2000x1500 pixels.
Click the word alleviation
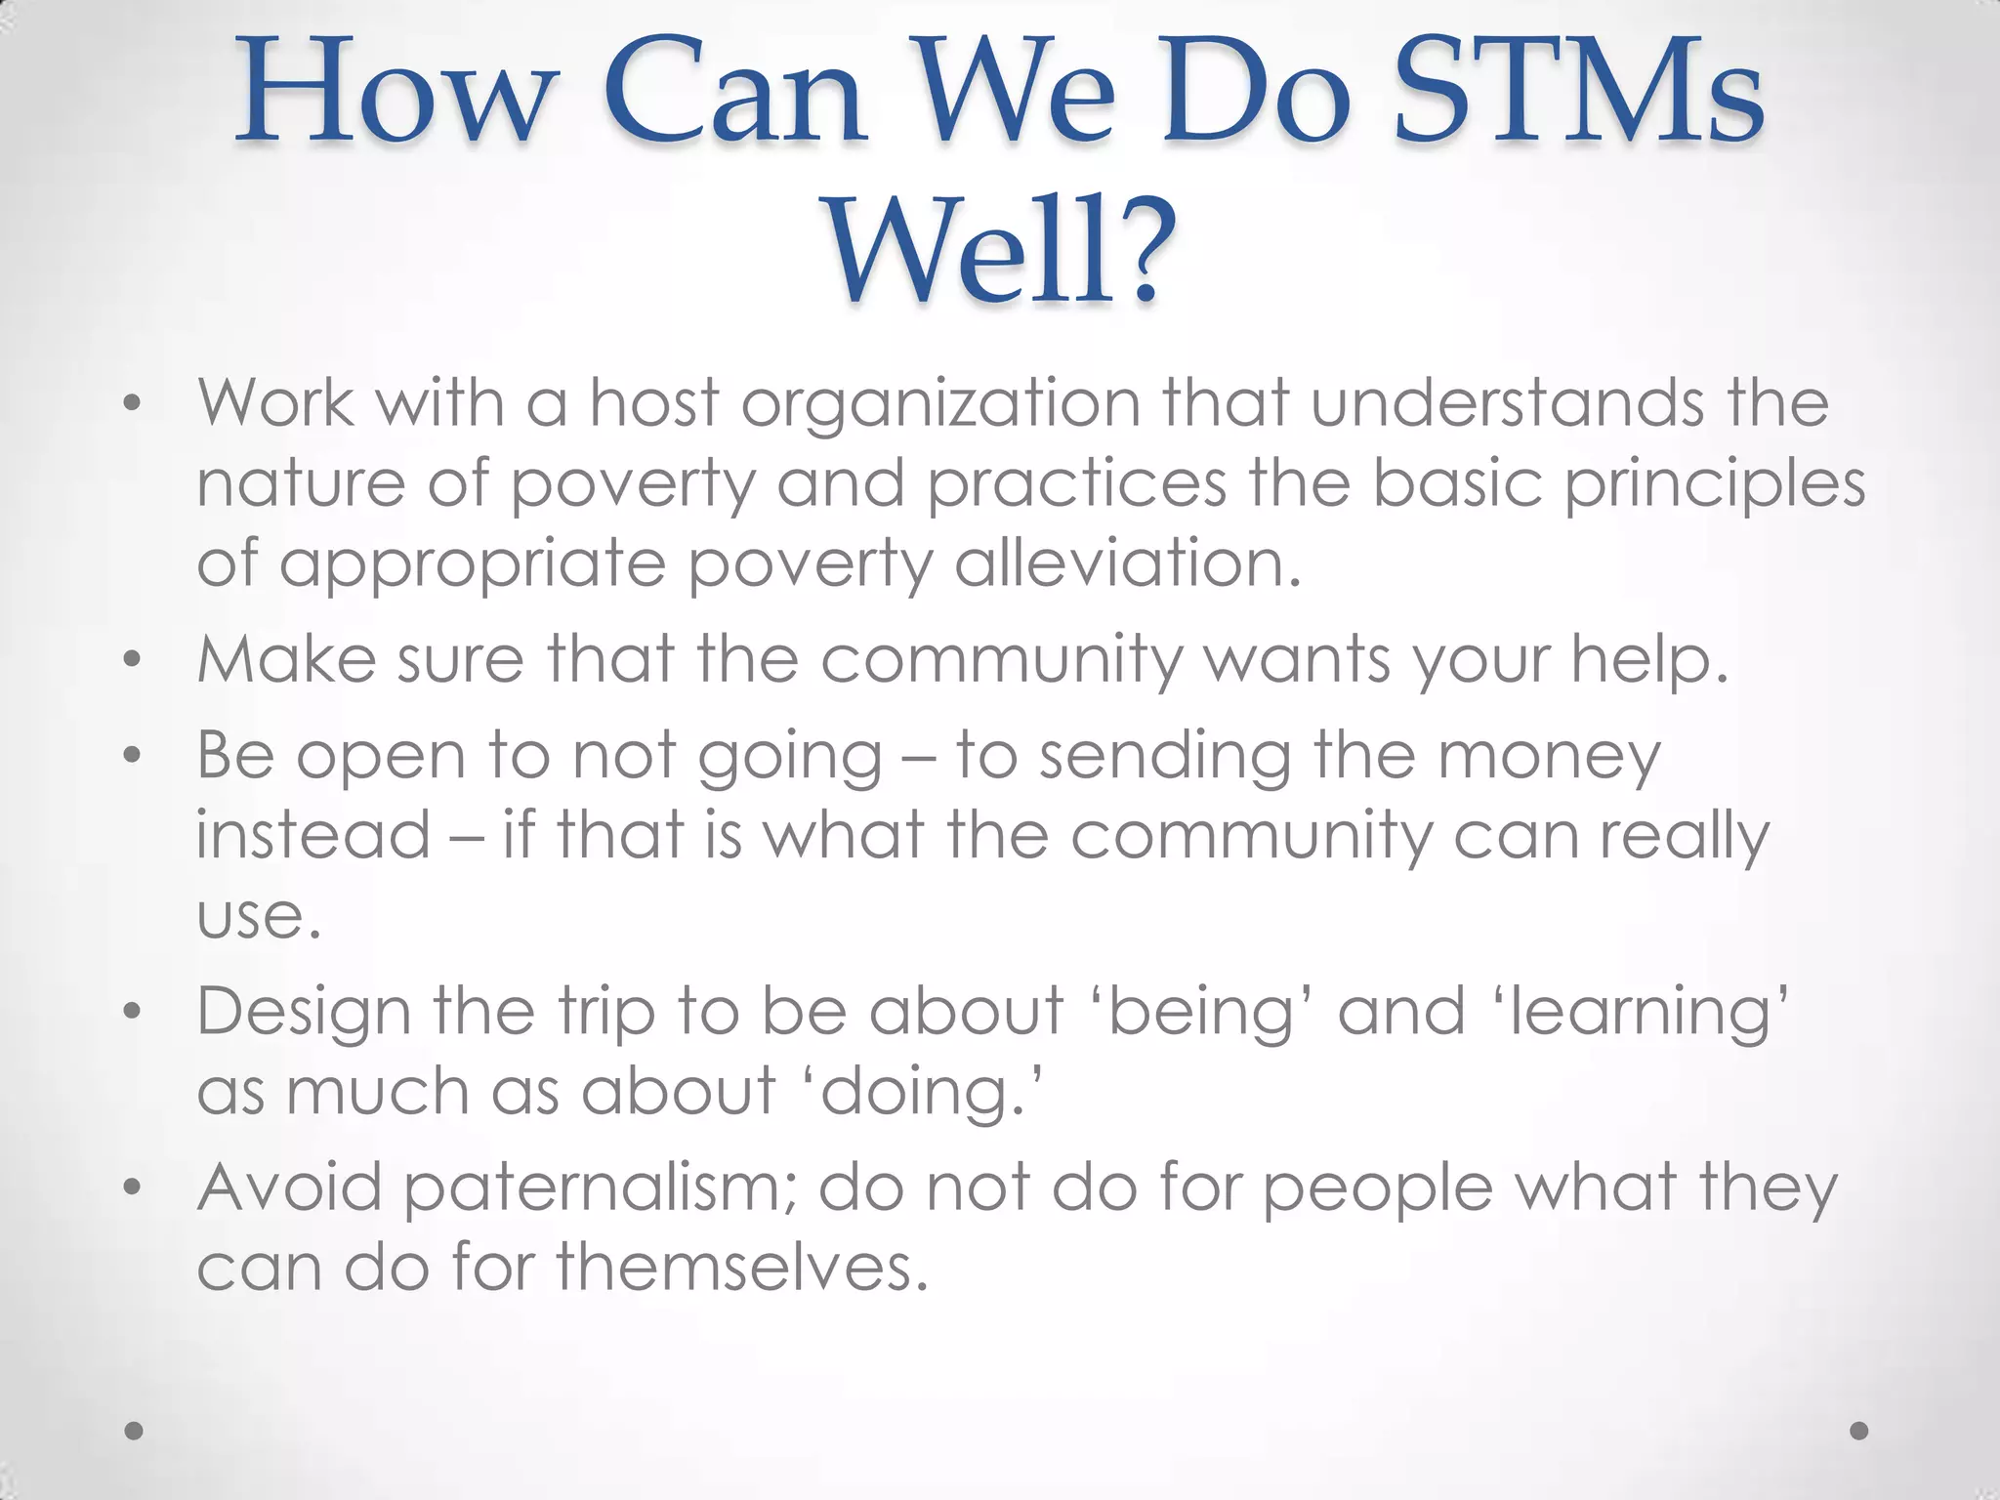[1128, 564]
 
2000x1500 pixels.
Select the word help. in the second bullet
[1649, 661]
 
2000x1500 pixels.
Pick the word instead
[312, 836]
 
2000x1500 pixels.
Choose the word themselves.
[741, 1268]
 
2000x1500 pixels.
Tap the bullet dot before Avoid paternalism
[134, 1187]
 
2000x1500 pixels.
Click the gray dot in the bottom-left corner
[135, 1431]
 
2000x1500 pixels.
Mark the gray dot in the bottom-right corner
[1859, 1431]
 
